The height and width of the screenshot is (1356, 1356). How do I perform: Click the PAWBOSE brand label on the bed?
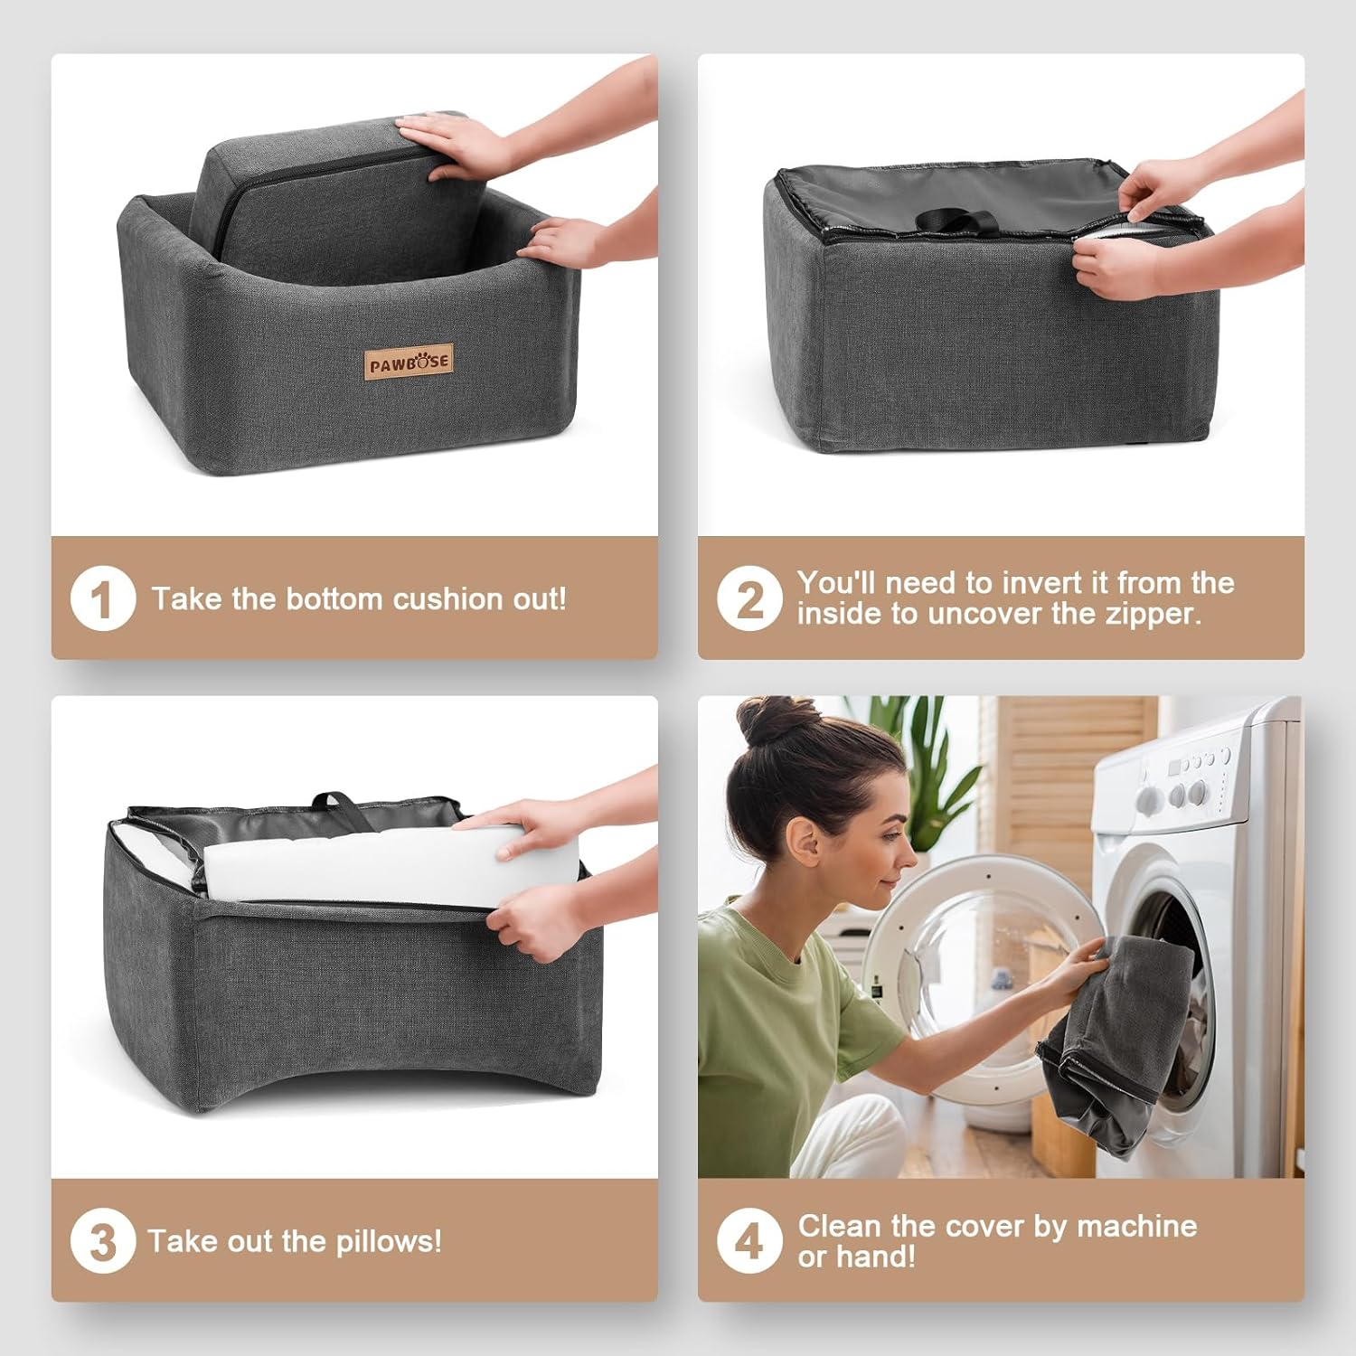click(409, 363)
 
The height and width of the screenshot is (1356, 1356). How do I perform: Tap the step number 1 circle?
click(103, 598)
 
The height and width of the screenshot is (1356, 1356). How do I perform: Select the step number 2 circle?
click(749, 598)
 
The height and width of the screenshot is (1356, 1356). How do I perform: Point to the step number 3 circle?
click(103, 1241)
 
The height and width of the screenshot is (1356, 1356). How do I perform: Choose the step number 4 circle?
click(749, 1241)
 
